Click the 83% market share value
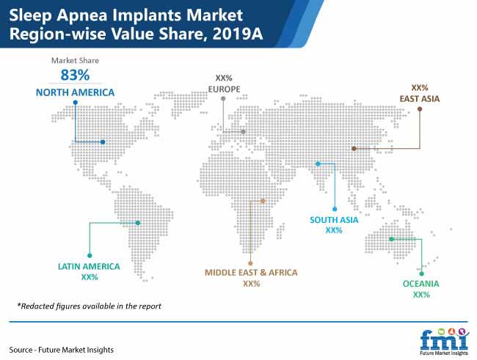[x=75, y=75]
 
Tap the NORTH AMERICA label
[x=75, y=92]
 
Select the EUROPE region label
[x=225, y=89]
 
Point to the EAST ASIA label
[x=420, y=99]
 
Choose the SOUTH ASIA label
[x=334, y=220]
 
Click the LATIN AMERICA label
[x=89, y=267]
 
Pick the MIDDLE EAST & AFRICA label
[x=251, y=273]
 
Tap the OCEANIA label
[x=421, y=284]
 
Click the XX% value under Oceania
[x=421, y=295]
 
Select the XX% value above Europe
[x=224, y=78]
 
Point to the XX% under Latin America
[x=90, y=277]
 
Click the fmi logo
[x=444, y=342]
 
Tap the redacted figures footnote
[x=89, y=306]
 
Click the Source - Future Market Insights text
[x=61, y=350]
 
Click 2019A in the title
[x=238, y=34]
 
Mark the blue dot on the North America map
[x=103, y=142]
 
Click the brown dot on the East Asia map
[x=354, y=148]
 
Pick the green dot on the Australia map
[x=392, y=239]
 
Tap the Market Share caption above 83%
[x=75, y=61]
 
